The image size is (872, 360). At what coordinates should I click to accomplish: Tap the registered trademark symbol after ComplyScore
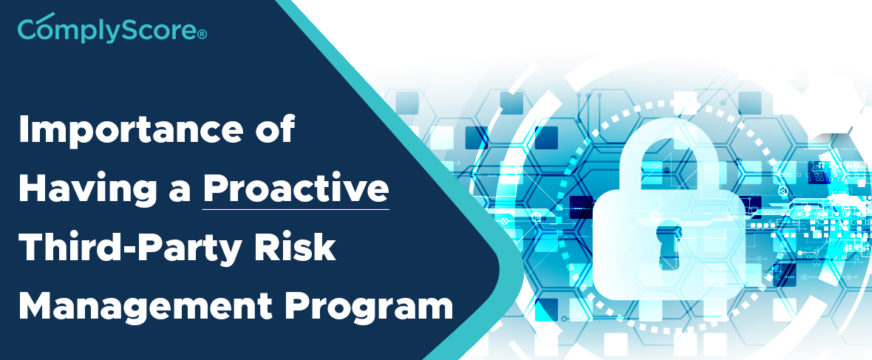(x=202, y=35)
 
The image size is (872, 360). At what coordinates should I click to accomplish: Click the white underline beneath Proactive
(x=296, y=209)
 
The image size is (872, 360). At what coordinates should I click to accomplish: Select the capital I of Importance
(x=24, y=129)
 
